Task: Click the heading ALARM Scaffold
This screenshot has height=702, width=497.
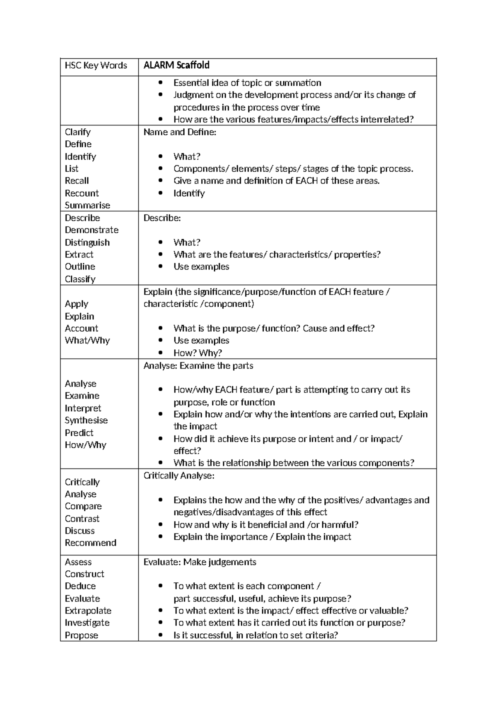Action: click(x=176, y=65)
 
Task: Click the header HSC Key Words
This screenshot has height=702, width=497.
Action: click(x=96, y=65)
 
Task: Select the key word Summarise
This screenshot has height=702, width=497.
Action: click(x=87, y=205)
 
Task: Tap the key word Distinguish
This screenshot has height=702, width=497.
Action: click(x=87, y=243)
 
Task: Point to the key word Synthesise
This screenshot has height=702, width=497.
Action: click(x=86, y=421)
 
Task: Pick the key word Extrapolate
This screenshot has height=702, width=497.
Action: click(x=88, y=611)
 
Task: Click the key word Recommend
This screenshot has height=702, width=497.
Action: click(x=90, y=543)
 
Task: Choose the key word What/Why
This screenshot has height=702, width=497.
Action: click(x=87, y=341)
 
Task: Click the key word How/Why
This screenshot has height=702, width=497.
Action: click(x=85, y=445)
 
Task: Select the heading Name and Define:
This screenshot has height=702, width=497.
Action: click(x=180, y=132)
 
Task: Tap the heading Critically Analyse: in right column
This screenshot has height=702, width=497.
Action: click(x=179, y=476)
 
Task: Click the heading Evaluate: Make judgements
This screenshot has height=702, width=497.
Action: click(x=200, y=562)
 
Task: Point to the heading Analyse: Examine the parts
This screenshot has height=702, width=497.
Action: click(x=198, y=366)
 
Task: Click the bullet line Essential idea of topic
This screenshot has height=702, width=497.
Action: click(x=247, y=83)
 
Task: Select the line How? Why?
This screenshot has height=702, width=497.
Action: click(x=198, y=353)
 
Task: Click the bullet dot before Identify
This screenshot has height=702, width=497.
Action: click(x=161, y=193)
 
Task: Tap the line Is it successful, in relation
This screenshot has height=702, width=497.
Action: click(x=256, y=635)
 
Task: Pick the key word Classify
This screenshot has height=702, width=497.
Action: click(x=80, y=279)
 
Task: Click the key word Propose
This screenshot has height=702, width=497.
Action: click(x=81, y=635)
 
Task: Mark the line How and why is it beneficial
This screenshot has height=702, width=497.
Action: click(x=265, y=525)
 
